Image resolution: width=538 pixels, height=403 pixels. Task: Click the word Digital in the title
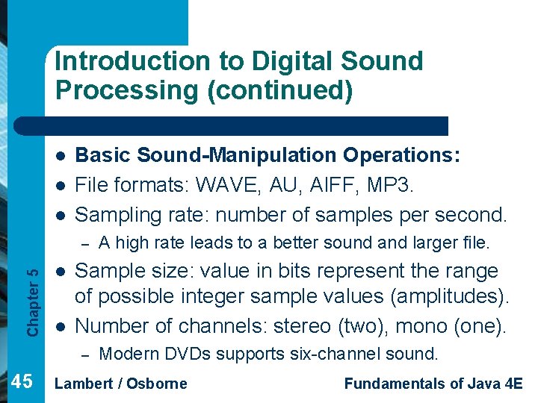[255, 61]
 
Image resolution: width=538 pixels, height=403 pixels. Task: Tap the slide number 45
[22, 382]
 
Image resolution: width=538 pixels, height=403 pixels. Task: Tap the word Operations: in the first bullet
[402, 154]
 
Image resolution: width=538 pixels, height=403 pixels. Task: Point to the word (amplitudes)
[449, 296]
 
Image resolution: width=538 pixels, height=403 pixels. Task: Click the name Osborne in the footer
[156, 384]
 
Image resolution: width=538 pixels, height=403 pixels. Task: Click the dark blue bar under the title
[247, 126]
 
